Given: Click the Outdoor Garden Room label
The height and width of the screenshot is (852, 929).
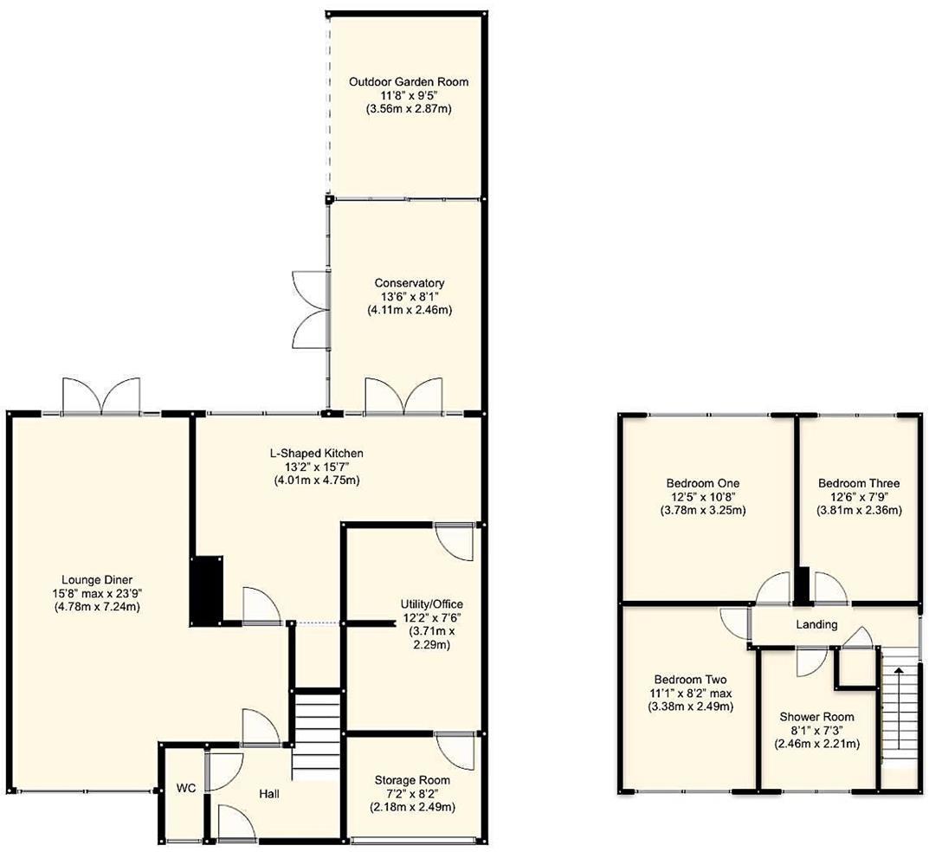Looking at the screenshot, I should (x=409, y=81).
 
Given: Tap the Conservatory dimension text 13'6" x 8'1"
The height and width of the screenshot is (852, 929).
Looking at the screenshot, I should (x=409, y=296).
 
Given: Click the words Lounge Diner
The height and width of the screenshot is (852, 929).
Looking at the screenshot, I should (x=96, y=579).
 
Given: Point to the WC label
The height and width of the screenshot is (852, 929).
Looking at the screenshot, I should (x=185, y=789).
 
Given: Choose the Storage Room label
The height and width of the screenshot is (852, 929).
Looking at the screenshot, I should (x=412, y=780).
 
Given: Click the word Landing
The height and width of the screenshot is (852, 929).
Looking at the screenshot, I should (x=816, y=624).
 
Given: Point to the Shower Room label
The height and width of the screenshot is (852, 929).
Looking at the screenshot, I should (x=816, y=717).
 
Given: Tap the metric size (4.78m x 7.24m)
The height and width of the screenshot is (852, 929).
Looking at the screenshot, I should (x=96, y=607).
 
